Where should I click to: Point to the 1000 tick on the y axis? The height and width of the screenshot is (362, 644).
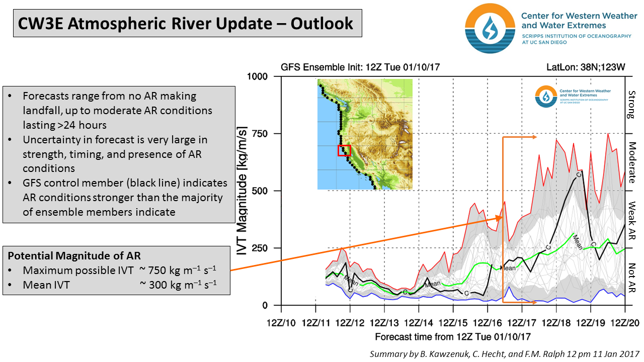pyautogui.click(x=258, y=76)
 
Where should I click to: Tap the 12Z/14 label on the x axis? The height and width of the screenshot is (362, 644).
pyautogui.click(x=419, y=322)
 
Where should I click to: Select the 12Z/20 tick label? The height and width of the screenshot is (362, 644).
pyautogui.click(x=625, y=322)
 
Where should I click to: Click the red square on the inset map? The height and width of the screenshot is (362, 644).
pyautogui.click(x=344, y=150)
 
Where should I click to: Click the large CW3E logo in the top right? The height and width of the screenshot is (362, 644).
pyautogui.click(x=487, y=30)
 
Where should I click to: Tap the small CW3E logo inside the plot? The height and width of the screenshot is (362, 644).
pyautogui.click(x=545, y=96)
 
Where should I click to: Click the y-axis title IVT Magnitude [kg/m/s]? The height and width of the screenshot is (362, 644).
pyautogui.click(x=243, y=191)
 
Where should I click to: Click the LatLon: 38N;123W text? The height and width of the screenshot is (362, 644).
pyautogui.click(x=585, y=67)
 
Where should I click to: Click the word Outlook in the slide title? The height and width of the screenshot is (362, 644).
pyautogui.click(x=324, y=24)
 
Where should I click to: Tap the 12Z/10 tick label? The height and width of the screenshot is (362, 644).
pyautogui.click(x=281, y=322)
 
